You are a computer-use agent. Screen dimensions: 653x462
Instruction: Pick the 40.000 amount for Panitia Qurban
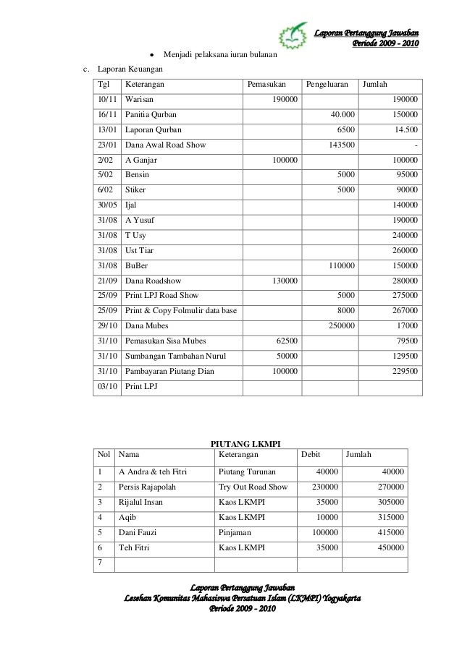click(x=342, y=114)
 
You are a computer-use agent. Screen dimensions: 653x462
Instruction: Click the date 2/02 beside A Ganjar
click(x=105, y=160)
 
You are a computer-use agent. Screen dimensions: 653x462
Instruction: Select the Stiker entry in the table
click(x=135, y=189)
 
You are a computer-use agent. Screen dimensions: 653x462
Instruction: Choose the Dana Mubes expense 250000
click(x=341, y=326)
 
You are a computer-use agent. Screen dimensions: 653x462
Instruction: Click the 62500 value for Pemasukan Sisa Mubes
click(x=283, y=341)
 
